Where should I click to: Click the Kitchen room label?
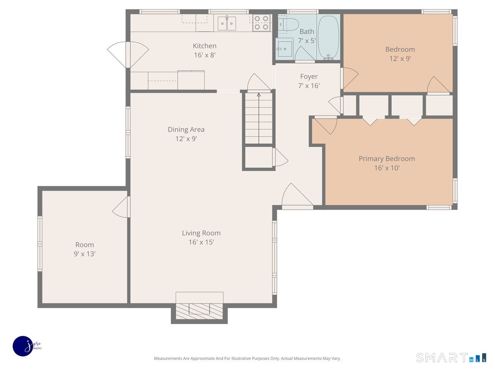[205, 46]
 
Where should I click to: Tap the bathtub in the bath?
[328, 37]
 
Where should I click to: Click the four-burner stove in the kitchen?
[262, 23]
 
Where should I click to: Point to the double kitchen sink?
[226, 23]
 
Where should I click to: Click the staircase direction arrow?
[259, 118]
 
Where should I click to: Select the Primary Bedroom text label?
[387, 159]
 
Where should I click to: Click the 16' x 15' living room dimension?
[201, 242]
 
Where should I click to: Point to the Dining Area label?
[186, 129]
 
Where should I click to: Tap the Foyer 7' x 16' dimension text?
[309, 86]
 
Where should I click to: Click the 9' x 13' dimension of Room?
[85, 254]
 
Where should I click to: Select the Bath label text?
[307, 32]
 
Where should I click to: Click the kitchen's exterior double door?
[128, 54]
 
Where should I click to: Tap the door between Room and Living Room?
[122, 207]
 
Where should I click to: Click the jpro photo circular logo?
[23, 346]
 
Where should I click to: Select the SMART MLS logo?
[451, 358]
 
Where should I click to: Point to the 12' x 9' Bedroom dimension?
[400, 59]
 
